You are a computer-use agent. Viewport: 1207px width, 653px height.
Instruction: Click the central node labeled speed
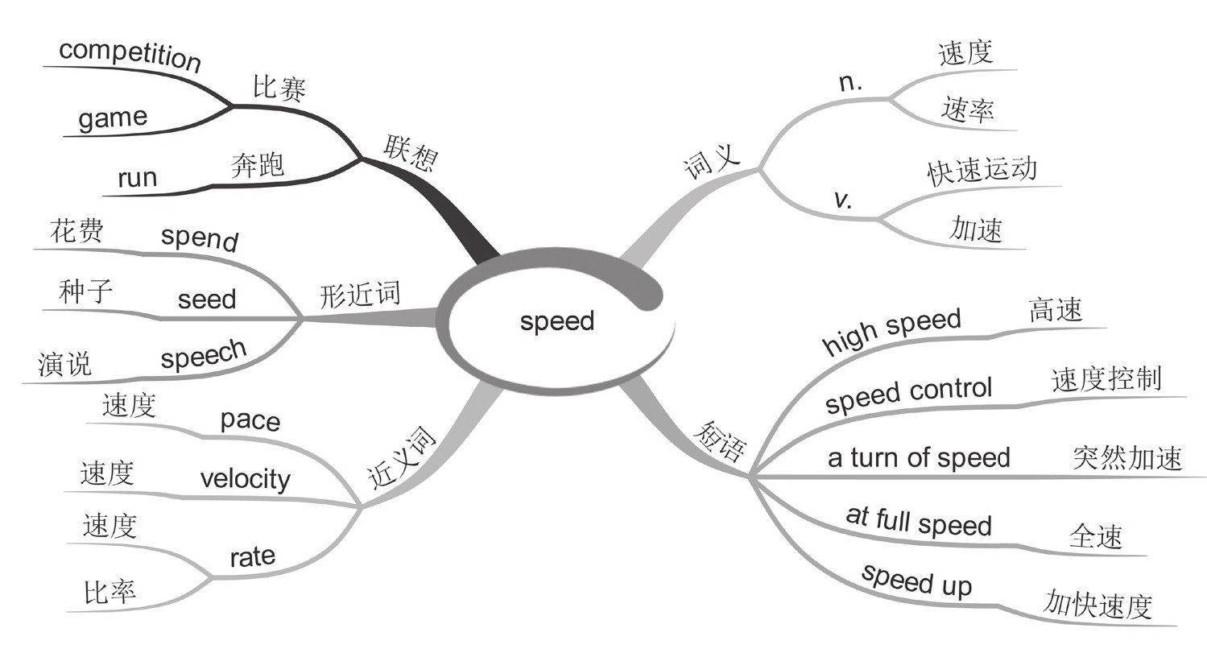point(556,321)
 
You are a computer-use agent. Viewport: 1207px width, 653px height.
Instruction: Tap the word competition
point(130,54)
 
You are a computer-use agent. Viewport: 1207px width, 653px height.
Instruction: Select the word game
point(113,119)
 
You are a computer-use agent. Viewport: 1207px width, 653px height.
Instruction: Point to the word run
point(137,178)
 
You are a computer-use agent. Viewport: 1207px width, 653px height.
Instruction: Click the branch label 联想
point(410,153)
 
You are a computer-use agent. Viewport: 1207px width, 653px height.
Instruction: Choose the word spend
point(199,238)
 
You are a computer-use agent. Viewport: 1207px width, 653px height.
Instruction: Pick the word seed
point(207,300)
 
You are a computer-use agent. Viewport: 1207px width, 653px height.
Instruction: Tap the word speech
point(203,354)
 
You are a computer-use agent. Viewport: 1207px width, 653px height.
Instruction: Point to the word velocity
point(245,479)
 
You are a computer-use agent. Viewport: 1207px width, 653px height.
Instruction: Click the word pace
point(250,420)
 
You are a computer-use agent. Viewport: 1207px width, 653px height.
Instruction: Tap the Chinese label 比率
point(110,593)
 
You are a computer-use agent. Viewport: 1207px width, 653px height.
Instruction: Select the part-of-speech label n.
point(850,84)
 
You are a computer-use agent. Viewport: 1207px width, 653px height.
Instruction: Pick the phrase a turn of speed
point(918,458)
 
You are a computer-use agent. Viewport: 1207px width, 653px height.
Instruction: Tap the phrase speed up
point(916,580)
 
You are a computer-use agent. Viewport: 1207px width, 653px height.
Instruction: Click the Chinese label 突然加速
point(1126,457)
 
